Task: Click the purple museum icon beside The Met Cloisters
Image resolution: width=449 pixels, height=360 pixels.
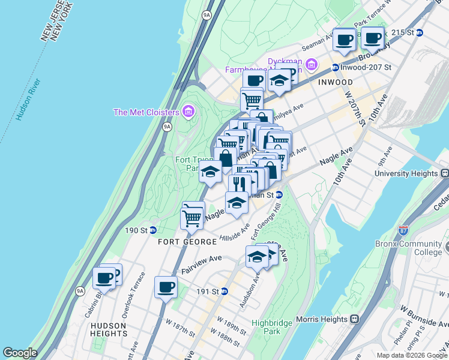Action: coord(188,112)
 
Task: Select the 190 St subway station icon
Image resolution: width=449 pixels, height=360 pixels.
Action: coord(153,230)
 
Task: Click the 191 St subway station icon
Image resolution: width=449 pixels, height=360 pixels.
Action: coord(224,291)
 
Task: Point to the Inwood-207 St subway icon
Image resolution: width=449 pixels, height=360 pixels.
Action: coord(335,68)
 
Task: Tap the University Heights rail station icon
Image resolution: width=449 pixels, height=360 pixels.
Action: coord(444,173)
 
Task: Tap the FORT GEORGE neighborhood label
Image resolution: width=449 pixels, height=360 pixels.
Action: coord(187,242)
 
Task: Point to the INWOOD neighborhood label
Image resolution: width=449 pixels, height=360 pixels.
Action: coord(336,82)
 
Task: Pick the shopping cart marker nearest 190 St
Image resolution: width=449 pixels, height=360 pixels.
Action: coord(192,216)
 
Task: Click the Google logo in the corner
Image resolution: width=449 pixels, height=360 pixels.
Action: coord(20,353)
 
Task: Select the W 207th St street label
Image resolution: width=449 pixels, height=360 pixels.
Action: coord(354,109)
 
